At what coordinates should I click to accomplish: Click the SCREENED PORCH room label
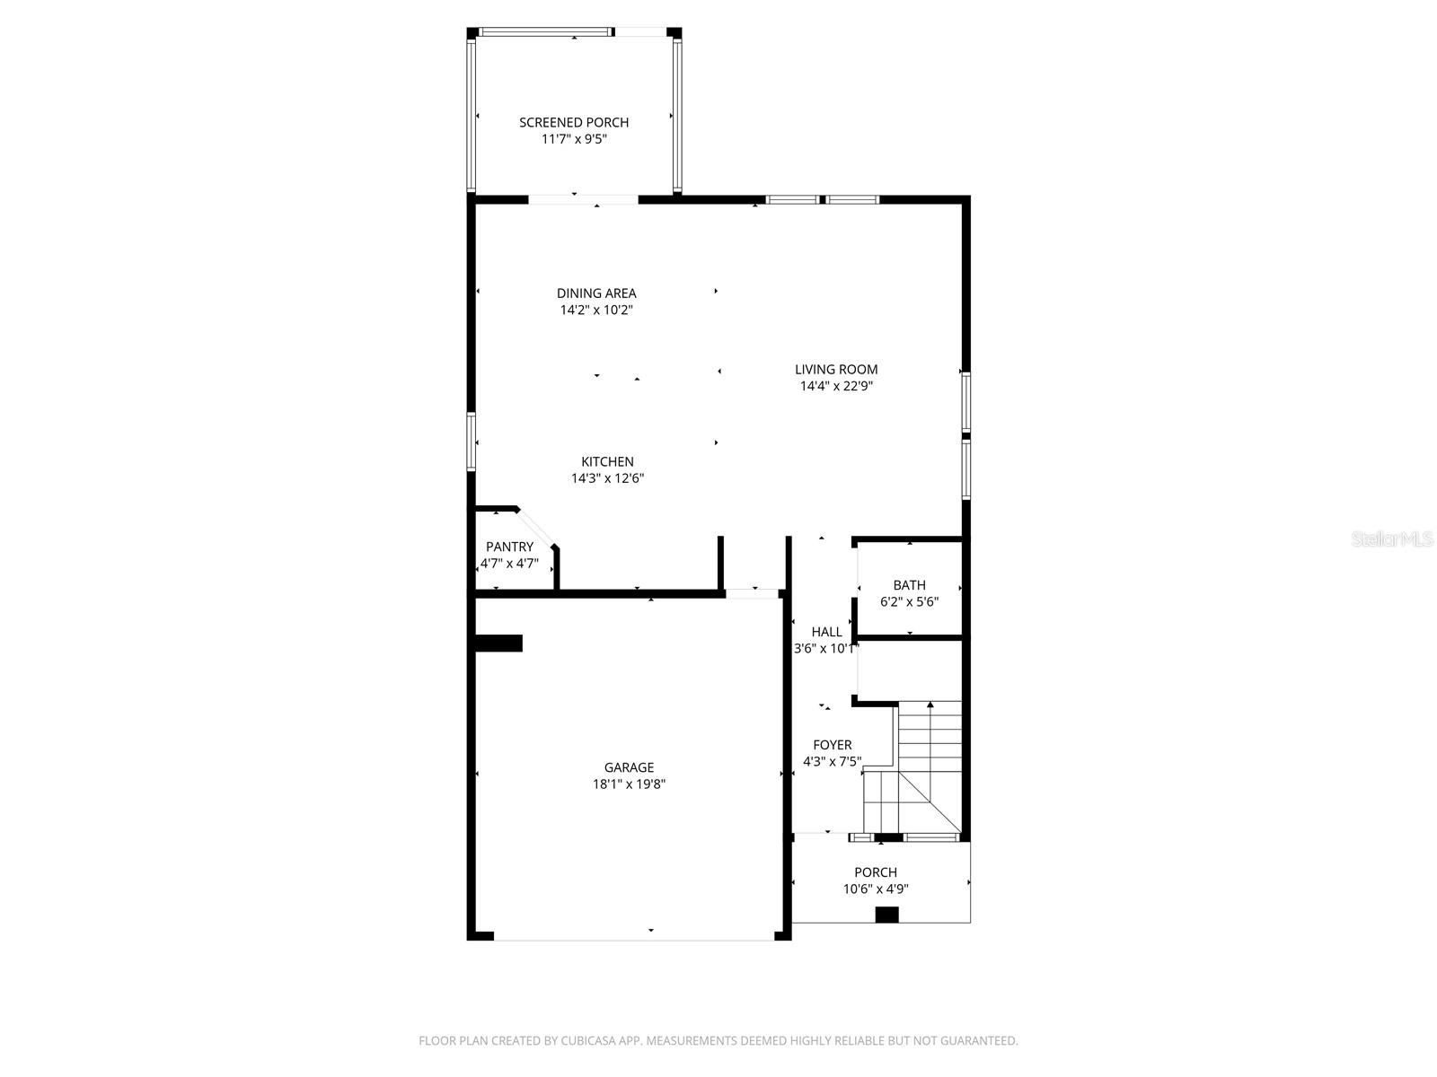click(574, 122)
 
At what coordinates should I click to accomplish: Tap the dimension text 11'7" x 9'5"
click(574, 139)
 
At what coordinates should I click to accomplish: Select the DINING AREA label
click(596, 293)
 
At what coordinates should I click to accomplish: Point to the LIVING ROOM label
click(836, 369)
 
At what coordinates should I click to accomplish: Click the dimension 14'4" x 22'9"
click(836, 386)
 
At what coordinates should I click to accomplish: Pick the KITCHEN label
click(607, 461)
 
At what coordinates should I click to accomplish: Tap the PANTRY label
click(509, 547)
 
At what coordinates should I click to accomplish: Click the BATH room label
click(909, 585)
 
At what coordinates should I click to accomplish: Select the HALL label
click(826, 632)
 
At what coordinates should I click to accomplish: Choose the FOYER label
click(832, 745)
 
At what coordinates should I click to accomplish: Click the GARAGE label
click(629, 767)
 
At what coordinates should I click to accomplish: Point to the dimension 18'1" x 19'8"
click(629, 784)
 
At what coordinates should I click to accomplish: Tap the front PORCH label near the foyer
click(875, 872)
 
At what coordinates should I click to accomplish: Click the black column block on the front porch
click(886, 915)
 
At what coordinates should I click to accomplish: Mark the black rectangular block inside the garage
click(498, 643)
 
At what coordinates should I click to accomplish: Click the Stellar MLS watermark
click(1392, 539)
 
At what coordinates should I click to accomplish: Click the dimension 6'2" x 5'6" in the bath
click(909, 602)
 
